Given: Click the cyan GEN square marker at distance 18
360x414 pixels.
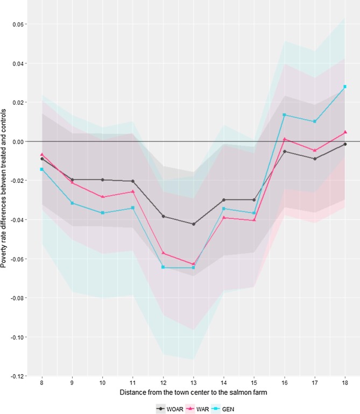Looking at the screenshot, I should [344, 87].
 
